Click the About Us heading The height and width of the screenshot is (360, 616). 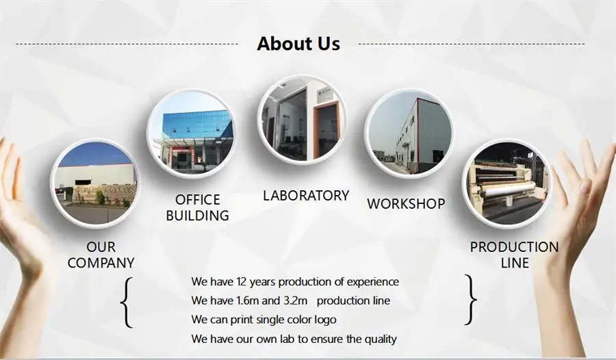click(298, 43)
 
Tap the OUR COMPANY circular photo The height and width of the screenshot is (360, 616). click(95, 183)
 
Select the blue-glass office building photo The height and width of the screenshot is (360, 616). click(192, 133)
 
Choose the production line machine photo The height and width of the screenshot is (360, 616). click(506, 183)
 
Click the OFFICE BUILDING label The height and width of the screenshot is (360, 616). click(198, 207)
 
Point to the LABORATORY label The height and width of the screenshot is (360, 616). click(306, 195)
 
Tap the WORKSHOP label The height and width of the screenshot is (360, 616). click(406, 203)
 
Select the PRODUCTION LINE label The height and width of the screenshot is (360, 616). click(514, 255)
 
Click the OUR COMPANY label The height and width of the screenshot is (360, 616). click(101, 255)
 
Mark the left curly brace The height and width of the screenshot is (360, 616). click(127, 303)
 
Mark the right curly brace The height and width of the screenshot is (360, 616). click(471, 300)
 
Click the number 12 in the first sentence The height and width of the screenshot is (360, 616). click(242, 282)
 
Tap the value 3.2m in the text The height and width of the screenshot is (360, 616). click(296, 300)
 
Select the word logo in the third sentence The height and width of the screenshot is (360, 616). click(325, 320)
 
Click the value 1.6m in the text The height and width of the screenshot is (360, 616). click(248, 300)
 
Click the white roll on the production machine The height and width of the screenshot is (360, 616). click(511, 192)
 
